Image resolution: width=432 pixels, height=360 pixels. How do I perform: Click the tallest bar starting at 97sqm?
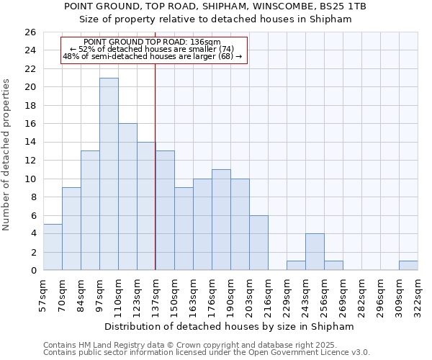coord(109,174)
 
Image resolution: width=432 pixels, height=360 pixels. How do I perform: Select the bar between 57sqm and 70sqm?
coord(53,247)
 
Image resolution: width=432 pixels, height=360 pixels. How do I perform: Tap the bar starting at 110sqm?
coord(127,197)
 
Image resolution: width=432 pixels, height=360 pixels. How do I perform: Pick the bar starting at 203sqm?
coord(258,243)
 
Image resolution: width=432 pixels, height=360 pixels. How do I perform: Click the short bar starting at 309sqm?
coord(408,266)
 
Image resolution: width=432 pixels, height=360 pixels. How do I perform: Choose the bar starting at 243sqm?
coord(315,252)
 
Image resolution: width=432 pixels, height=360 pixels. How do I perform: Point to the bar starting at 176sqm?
coord(221,220)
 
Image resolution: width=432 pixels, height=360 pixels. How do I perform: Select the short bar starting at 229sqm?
coord(296,266)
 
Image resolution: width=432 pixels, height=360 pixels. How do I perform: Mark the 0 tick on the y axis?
coord(32,271)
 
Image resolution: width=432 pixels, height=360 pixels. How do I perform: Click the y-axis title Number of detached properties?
coord(7,156)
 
